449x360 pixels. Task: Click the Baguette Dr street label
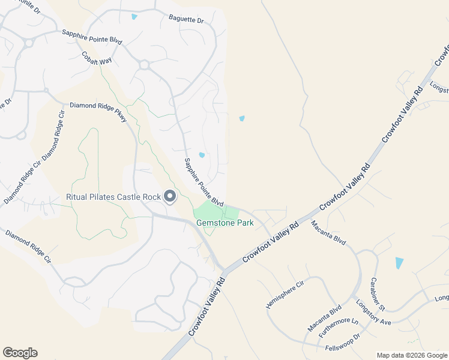click(x=187, y=20)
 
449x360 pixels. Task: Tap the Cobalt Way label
click(x=97, y=58)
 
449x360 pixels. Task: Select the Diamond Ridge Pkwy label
click(x=98, y=112)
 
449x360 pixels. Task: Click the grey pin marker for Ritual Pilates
click(x=170, y=196)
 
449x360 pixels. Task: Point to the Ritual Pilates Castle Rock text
click(x=113, y=197)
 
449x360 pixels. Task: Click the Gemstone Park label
click(x=225, y=223)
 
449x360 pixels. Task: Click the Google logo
click(x=20, y=353)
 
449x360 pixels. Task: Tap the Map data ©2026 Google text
click(x=411, y=355)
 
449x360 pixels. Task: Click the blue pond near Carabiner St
click(x=399, y=263)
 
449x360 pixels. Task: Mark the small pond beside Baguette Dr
click(x=134, y=16)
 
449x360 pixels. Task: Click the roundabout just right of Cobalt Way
click(x=143, y=64)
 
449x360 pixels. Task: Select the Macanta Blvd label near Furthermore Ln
click(x=325, y=317)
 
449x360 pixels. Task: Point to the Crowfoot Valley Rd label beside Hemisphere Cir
click(x=270, y=242)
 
